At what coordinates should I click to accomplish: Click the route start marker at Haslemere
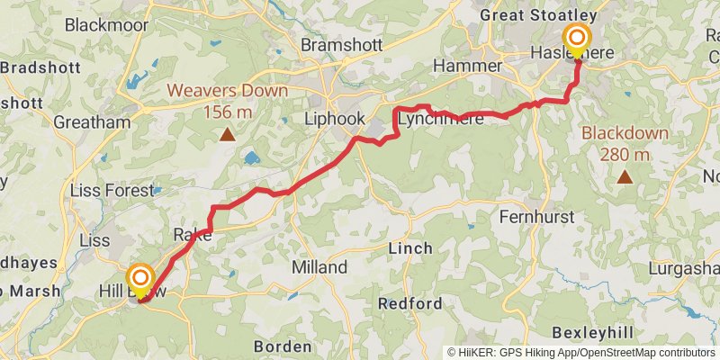point(576,38)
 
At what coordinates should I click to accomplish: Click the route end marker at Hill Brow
point(140,276)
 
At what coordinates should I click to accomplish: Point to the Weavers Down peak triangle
point(228,136)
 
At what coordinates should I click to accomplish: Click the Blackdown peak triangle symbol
point(625,177)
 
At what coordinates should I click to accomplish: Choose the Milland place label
point(319,267)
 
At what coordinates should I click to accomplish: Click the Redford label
point(409,303)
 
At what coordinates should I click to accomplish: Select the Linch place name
point(409,247)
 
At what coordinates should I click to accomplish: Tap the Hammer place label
point(467,67)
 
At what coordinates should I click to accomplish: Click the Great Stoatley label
point(539,15)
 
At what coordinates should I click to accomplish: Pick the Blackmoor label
point(106,25)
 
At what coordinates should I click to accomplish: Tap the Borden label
point(283,346)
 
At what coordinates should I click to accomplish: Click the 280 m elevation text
point(625,154)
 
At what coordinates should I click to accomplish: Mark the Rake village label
point(192,235)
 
